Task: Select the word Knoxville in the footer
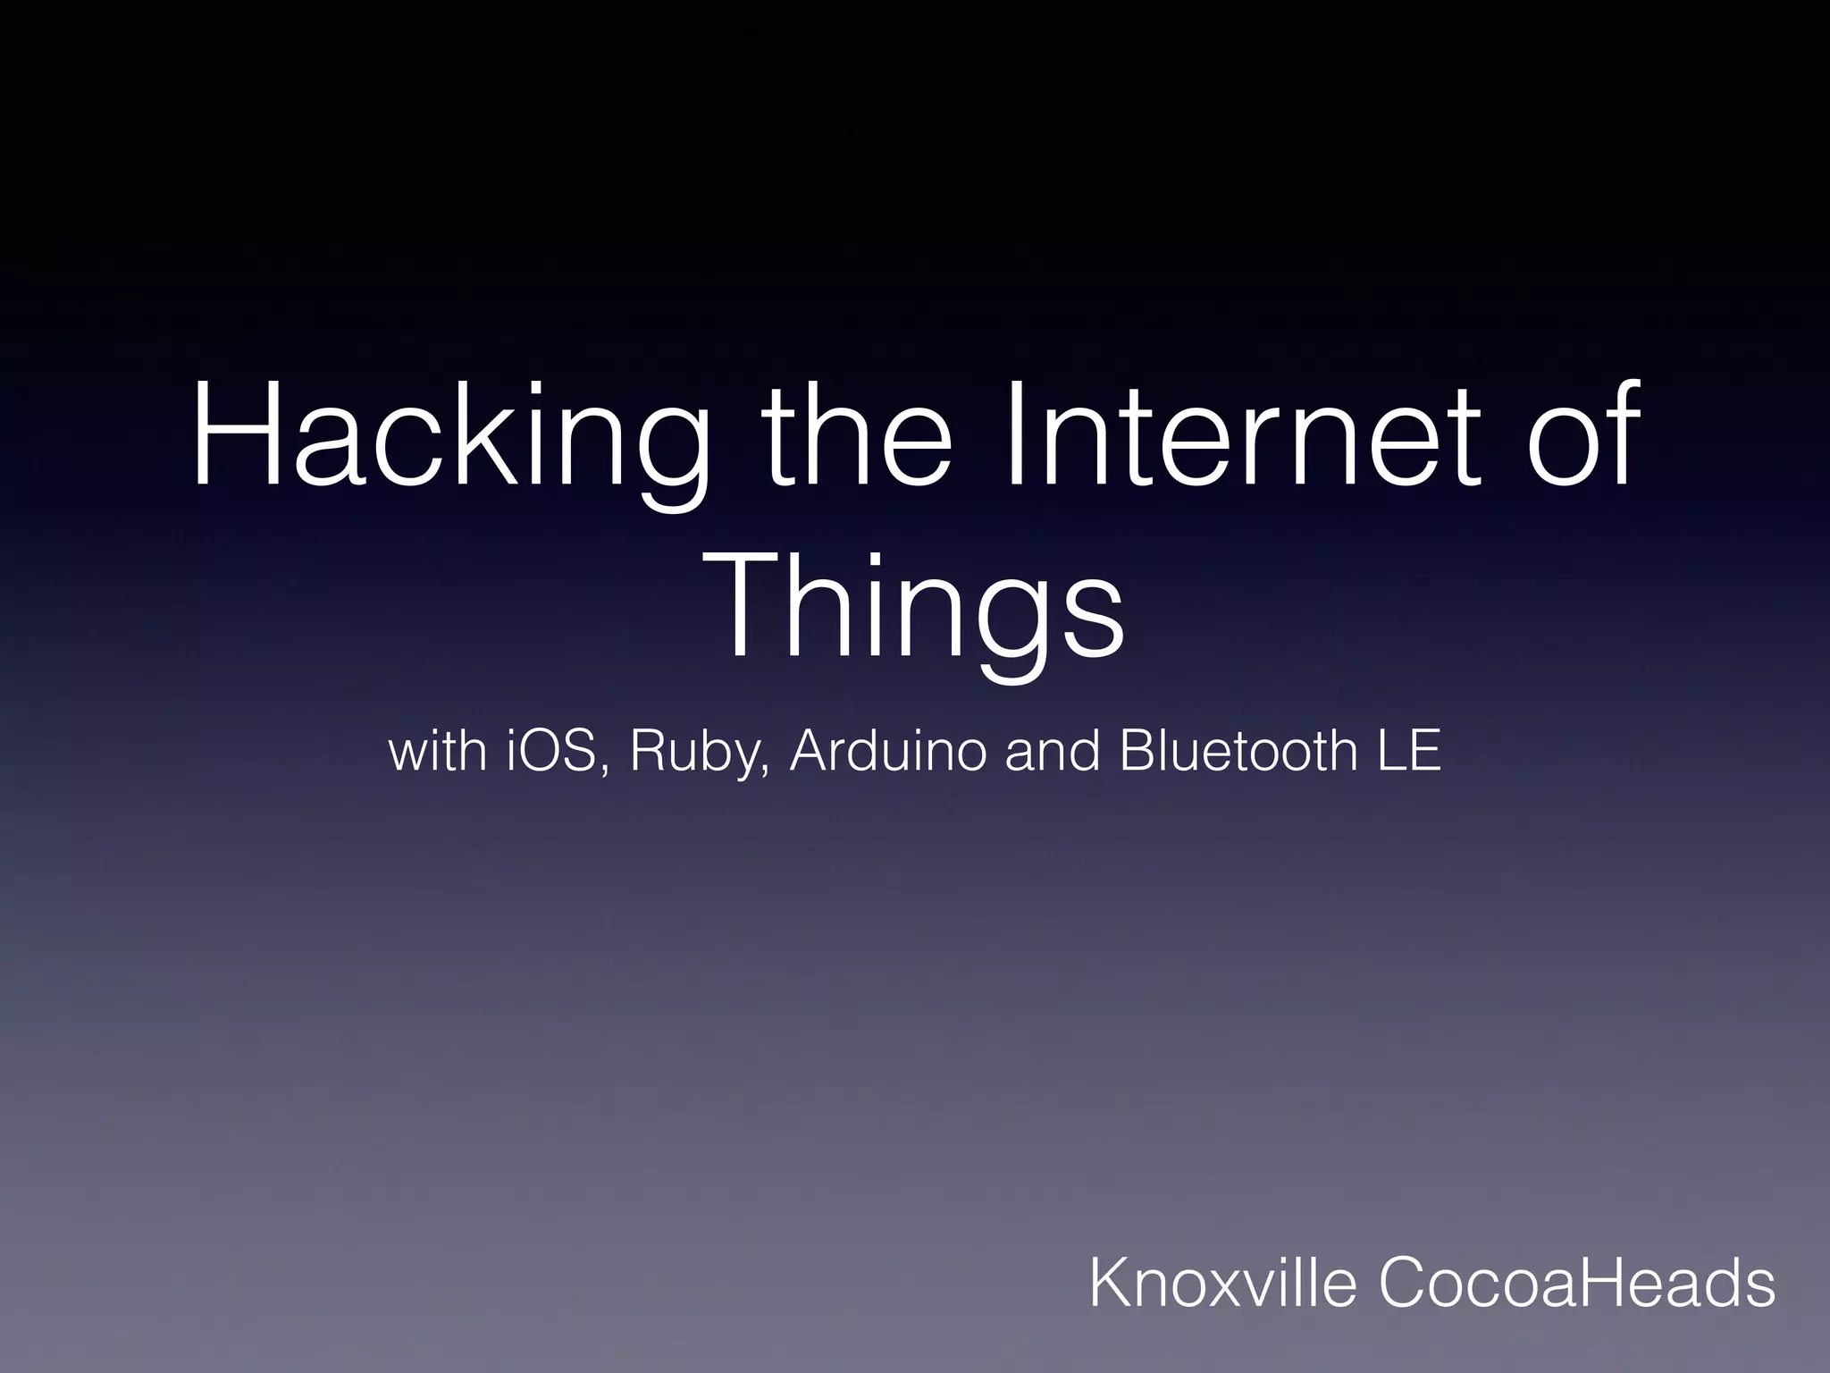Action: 1223,1283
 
